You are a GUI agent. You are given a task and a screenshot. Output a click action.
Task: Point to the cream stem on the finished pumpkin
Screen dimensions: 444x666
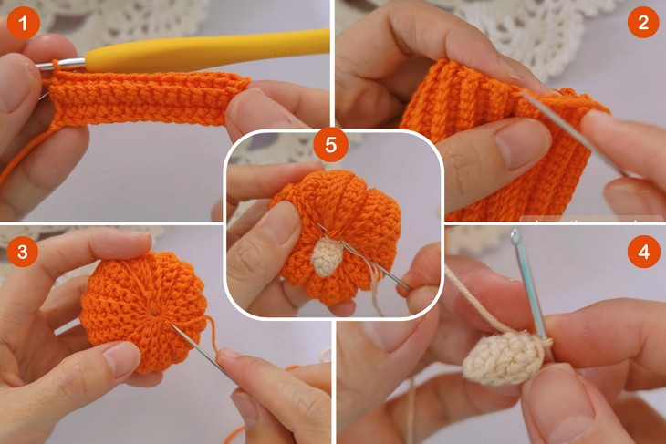tap(327, 257)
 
